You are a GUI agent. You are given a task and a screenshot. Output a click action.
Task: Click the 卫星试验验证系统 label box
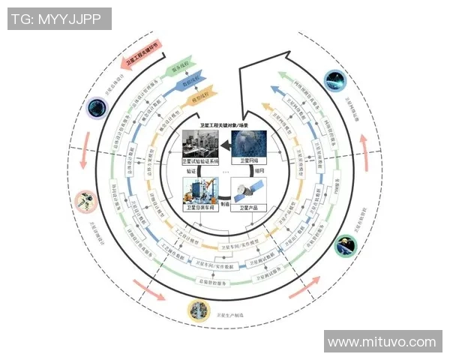point(202,160)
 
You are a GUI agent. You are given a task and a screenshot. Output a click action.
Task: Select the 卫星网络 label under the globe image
point(248,160)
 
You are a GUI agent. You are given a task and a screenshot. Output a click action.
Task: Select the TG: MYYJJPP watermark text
point(59,19)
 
